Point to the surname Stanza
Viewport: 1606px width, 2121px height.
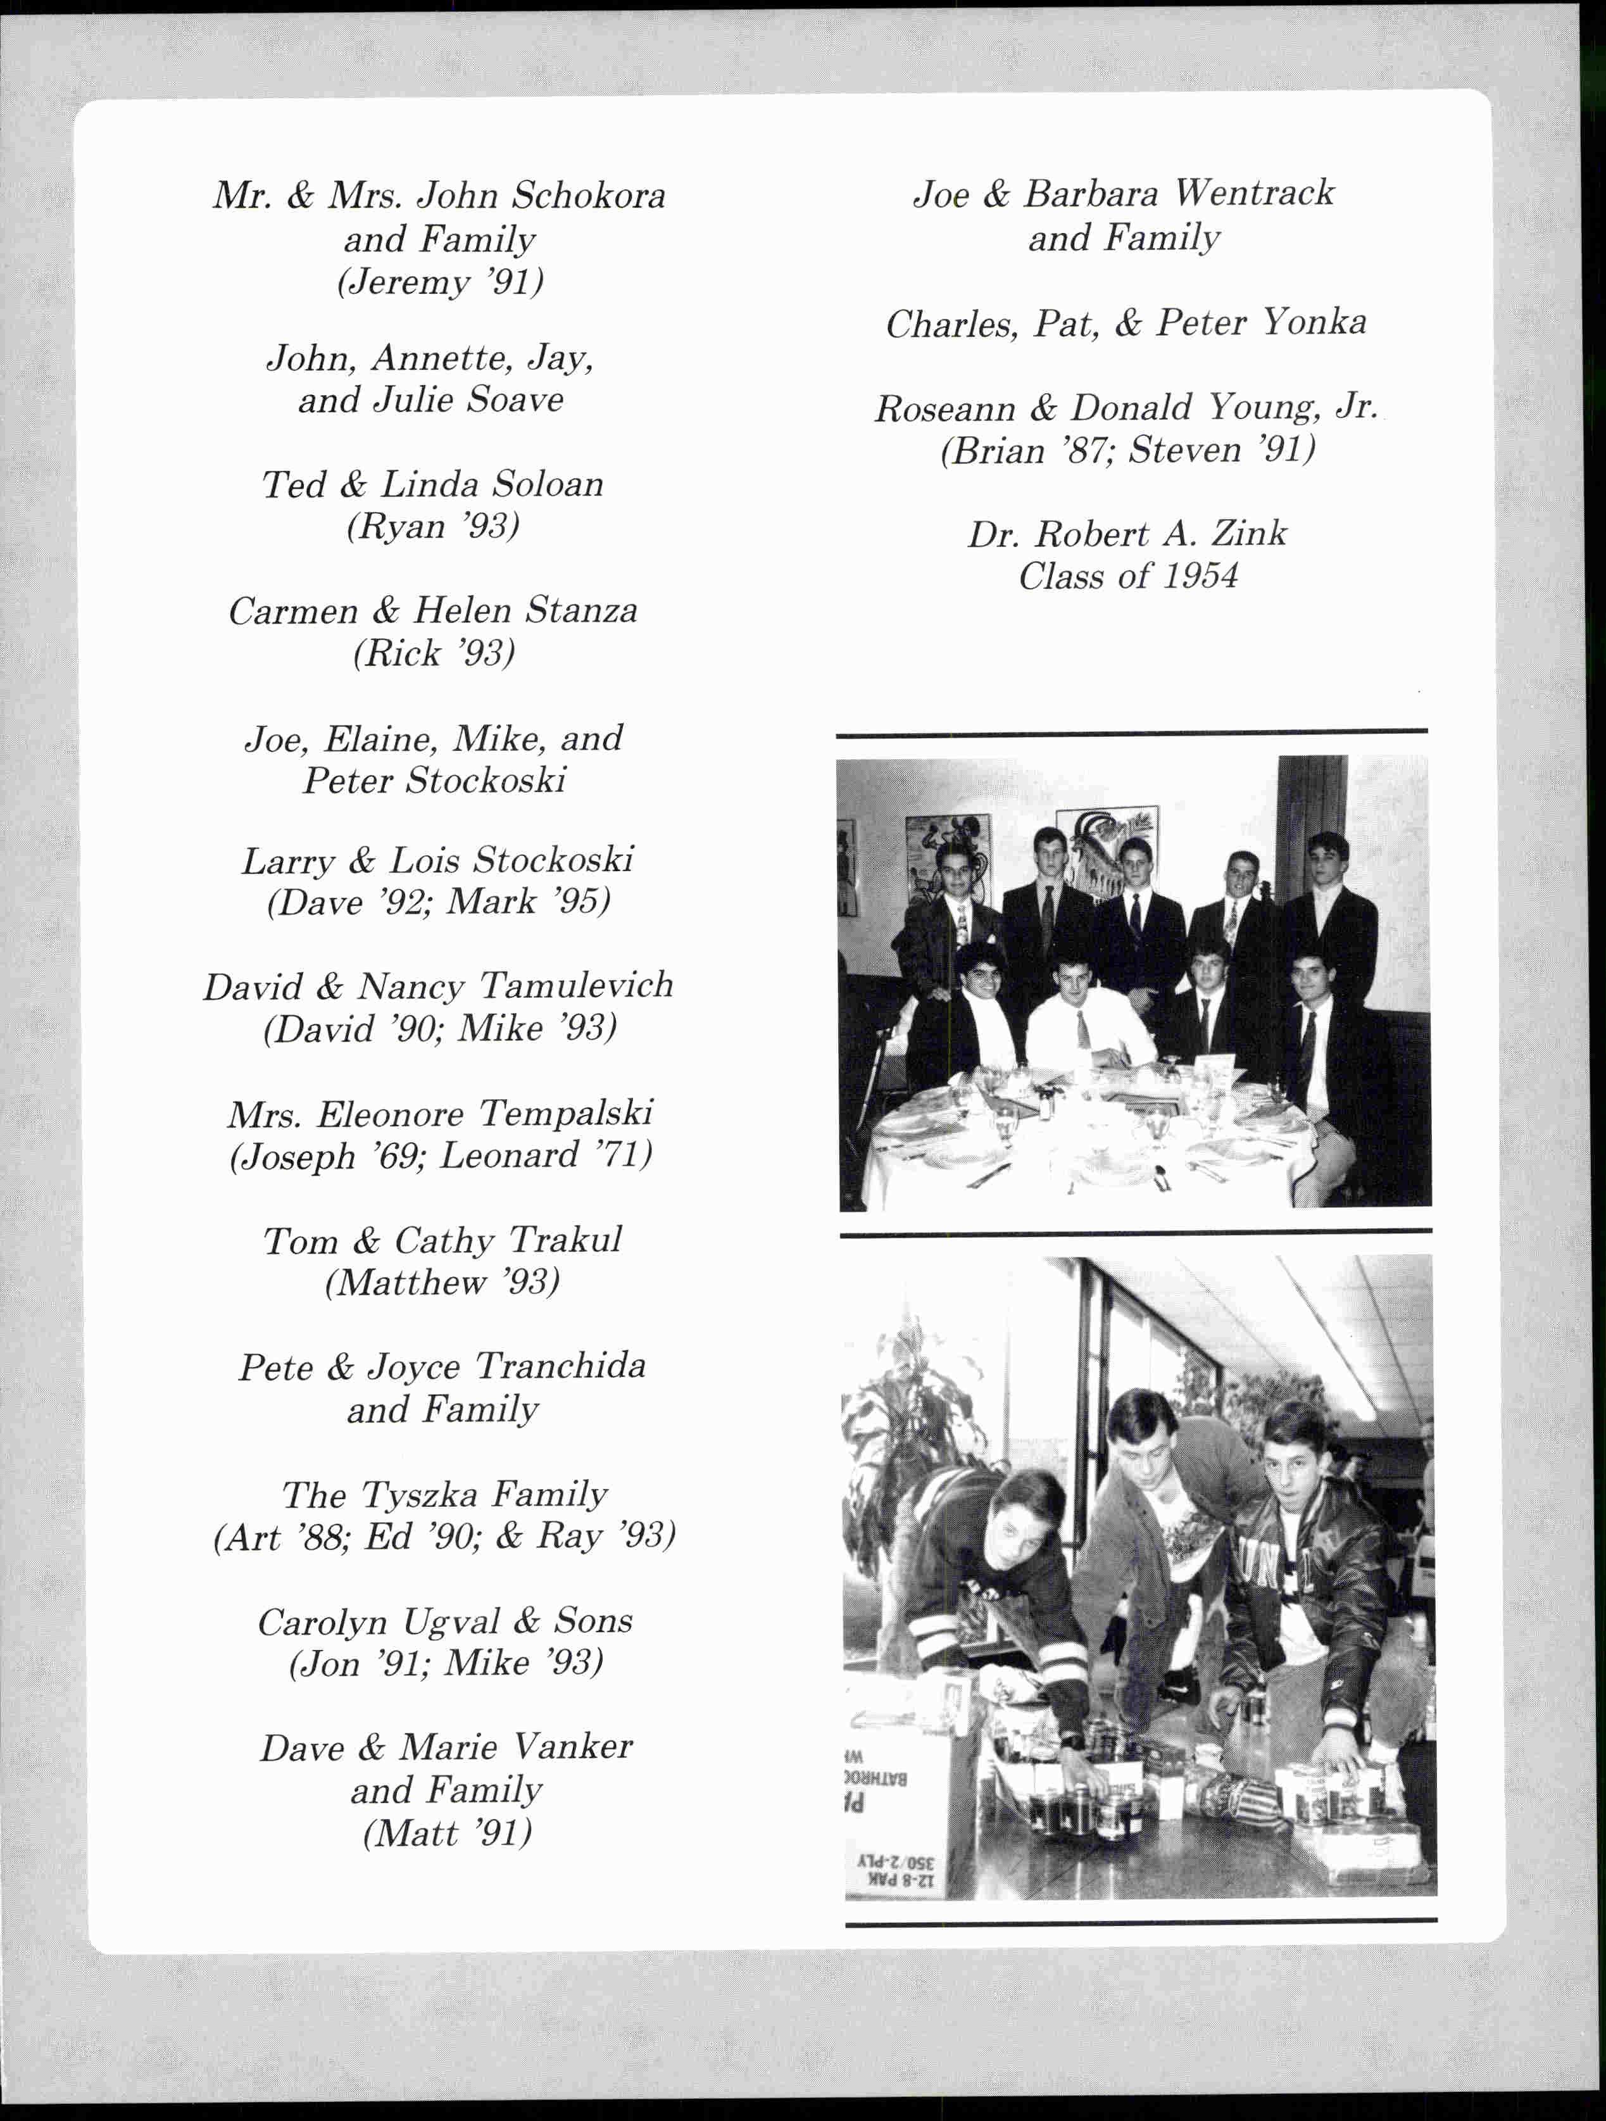coord(581,611)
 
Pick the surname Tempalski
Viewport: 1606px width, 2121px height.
coord(566,1113)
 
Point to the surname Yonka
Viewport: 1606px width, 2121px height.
coord(1314,323)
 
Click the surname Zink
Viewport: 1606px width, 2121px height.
coord(1250,534)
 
